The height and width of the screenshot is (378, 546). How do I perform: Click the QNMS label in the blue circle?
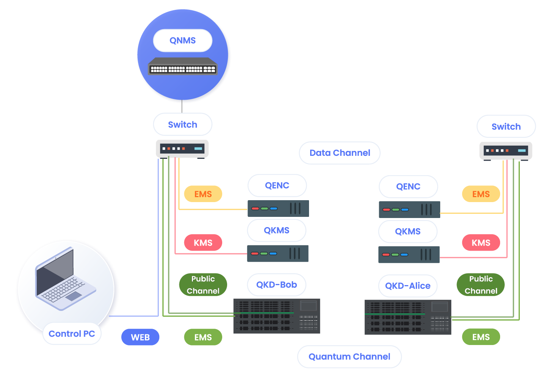click(x=182, y=41)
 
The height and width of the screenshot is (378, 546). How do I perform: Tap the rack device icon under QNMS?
click(x=182, y=66)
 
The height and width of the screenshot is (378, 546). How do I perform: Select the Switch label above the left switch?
click(x=182, y=124)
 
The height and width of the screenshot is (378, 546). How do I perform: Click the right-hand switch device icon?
click(x=506, y=151)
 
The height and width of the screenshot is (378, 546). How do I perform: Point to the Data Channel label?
click(x=340, y=153)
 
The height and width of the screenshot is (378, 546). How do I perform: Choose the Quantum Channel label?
click(x=349, y=356)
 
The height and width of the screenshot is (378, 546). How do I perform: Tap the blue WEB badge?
click(x=140, y=337)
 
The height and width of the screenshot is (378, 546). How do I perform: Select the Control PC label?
click(x=72, y=334)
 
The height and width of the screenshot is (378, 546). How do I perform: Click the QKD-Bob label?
click(x=276, y=285)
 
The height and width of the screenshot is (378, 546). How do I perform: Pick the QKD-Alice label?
click(x=408, y=286)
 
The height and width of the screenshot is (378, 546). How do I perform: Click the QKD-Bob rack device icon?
click(x=276, y=316)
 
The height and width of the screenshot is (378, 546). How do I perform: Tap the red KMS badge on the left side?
click(x=203, y=243)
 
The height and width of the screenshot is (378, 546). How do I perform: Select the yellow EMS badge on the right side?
click(x=481, y=194)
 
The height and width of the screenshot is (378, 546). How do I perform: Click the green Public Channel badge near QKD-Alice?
click(x=481, y=285)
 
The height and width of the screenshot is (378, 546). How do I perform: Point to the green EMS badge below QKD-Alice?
click(x=481, y=337)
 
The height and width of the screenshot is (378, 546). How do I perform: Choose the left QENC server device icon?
click(x=278, y=209)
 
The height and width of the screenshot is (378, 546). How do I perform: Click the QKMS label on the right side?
click(x=408, y=232)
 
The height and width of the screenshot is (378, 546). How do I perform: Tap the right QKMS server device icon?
click(x=409, y=254)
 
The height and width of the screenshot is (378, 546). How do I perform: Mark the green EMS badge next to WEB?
click(x=203, y=337)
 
